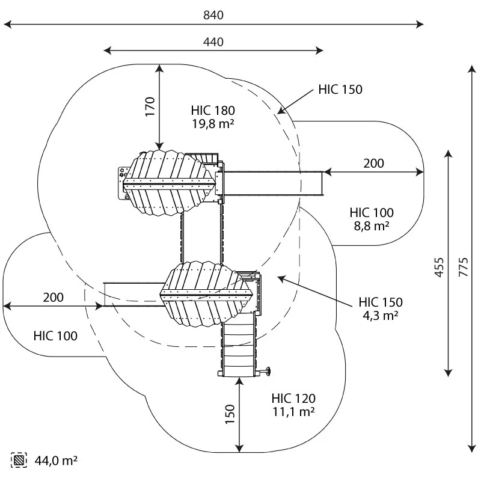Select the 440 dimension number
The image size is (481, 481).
pyautogui.click(x=213, y=42)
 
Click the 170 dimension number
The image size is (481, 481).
pyautogui.click(x=150, y=106)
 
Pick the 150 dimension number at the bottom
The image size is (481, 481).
pyautogui.click(x=230, y=413)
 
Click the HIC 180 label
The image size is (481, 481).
pyautogui.click(x=213, y=111)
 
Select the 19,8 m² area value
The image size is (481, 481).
pyautogui.click(x=213, y=124)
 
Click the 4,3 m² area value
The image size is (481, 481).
pyautogui.click(x=381, y=315)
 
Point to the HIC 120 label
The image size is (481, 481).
pyautogui.click(x=293, y=398)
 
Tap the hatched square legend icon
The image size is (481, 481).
pyautogui.click(x=20, y=461)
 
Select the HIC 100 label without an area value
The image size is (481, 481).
pyautogui.click(x=55, y=336)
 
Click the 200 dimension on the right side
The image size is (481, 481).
pyautogui.click(x=373, y=164)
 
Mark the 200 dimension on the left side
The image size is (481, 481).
pyautogui.click(x=53, y=297)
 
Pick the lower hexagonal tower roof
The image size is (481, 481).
pyautogui.click(x=206, y=293)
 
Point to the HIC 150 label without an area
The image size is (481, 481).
pyautogui.click(x=340, y=90)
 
